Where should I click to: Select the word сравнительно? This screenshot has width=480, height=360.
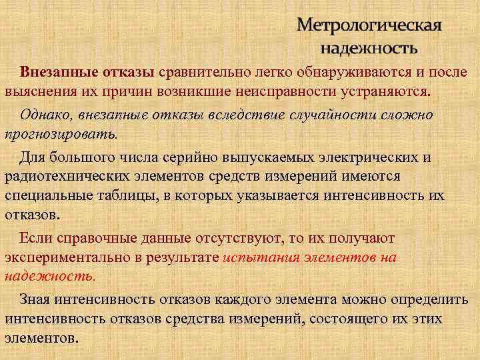(203, 72)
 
